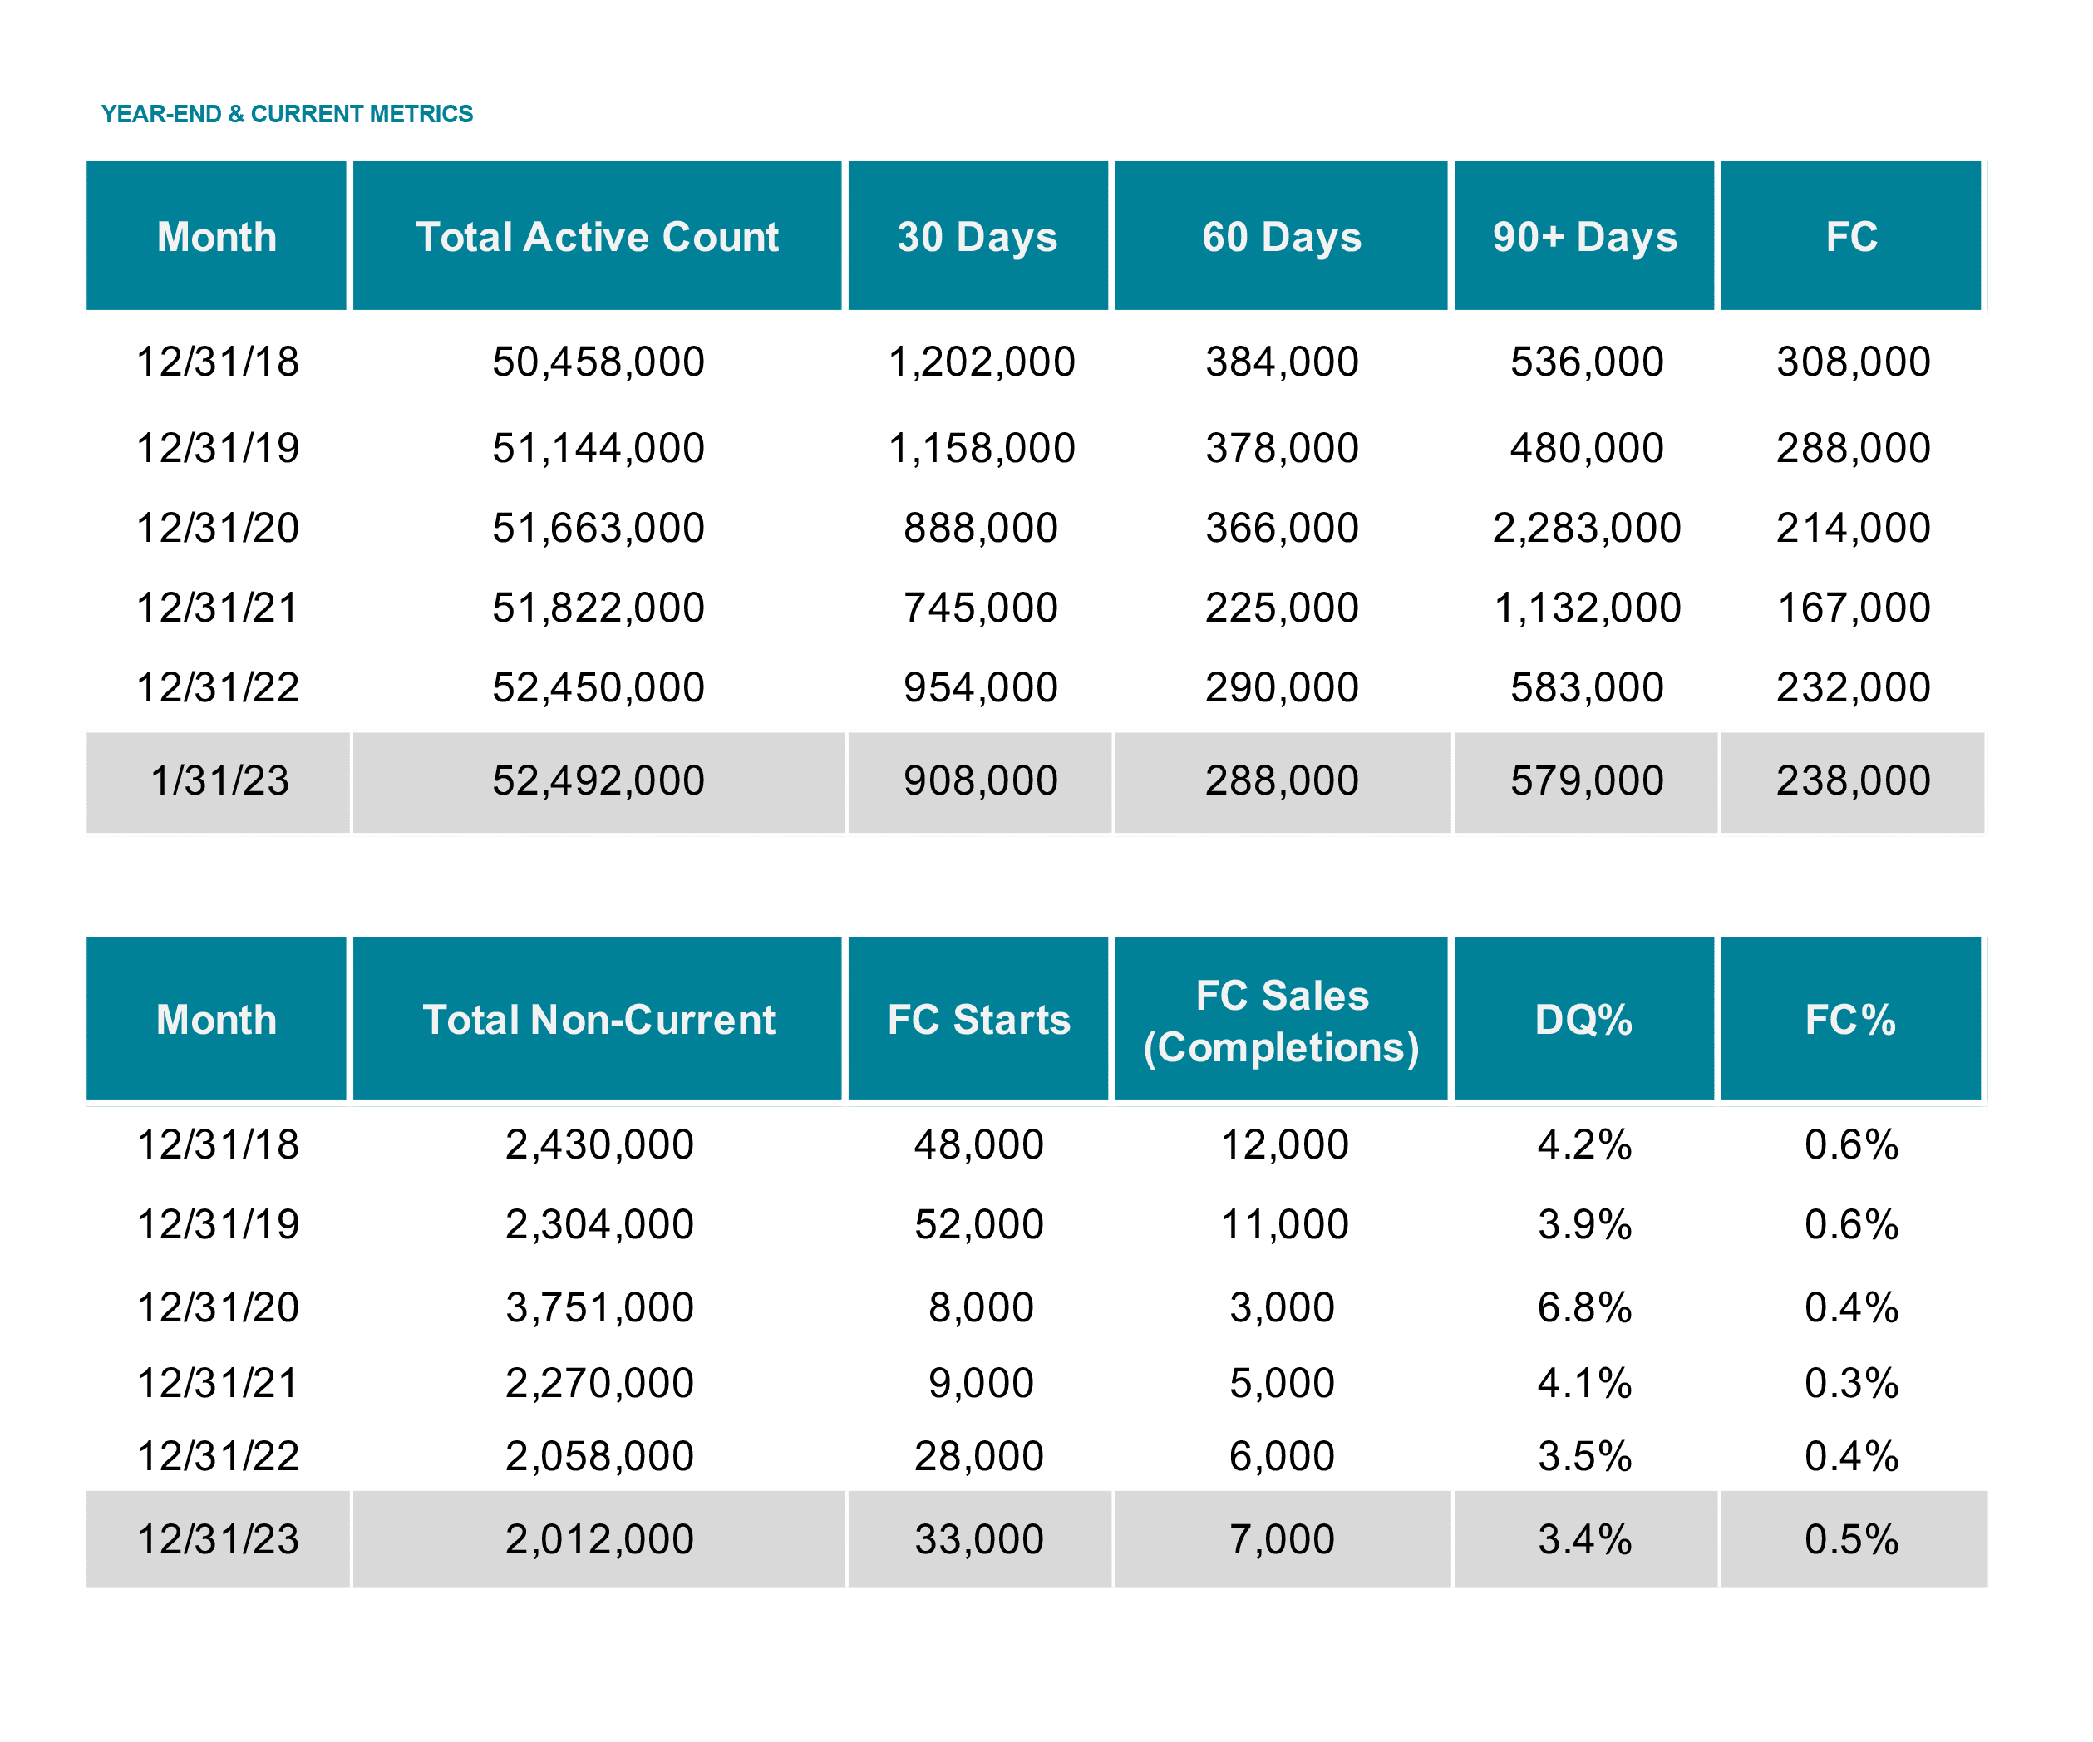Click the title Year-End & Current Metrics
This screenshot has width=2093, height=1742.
[287, 114]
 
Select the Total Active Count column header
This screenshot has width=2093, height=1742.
[597, 237]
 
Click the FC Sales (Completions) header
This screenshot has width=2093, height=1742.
[1282, 1021]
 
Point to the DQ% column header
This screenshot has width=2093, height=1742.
[1583, 1020]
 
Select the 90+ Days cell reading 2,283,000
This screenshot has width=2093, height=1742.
[1587, 529]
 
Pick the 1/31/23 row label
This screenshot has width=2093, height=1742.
[219, 780]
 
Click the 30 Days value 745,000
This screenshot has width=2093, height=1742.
[980, 608]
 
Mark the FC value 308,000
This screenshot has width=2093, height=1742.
[1853, 362]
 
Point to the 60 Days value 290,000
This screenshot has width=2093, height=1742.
[1282, 687]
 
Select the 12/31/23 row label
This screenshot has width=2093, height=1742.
[219, 1540]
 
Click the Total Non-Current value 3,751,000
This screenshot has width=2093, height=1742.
[599, 1307]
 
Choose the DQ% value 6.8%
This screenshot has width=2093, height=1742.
[1584, 1307]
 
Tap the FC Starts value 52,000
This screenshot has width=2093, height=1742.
[978, 1225]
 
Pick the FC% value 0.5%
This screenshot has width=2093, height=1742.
[1852, 1540]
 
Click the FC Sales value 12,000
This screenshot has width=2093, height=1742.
[1285, 1145]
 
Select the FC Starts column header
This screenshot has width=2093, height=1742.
[978, 1020]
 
